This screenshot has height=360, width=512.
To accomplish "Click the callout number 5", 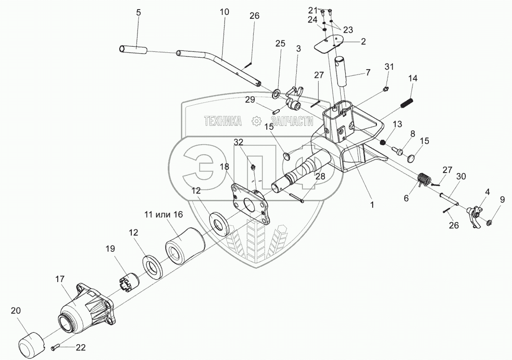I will [138, 13].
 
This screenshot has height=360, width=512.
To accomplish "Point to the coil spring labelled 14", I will [407, 103].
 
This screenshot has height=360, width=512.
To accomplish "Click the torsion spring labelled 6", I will [422, 179].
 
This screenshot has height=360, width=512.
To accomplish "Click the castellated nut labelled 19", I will [128, 280].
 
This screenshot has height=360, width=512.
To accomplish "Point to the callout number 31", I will [389, 66].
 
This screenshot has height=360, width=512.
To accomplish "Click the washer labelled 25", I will [278, 92].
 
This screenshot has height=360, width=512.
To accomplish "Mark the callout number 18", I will [225, 166].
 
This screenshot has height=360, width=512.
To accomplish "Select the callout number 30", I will [461, 176].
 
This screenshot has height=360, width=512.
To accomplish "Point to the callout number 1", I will [372, 204].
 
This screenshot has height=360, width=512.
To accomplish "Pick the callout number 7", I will [368, 73].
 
